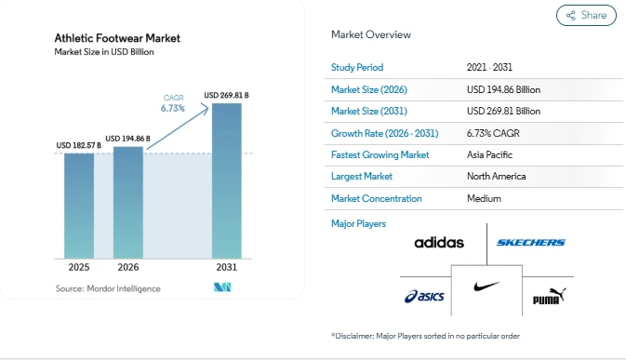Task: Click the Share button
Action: pos(586,15)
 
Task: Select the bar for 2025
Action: pos(79,206)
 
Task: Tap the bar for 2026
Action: pos(128,203)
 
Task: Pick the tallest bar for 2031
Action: pos(227,180)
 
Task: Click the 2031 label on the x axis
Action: pos(227,267)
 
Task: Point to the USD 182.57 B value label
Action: pos(79,145)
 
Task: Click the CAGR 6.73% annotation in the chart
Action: pos(173,103)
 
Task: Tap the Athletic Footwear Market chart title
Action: pos(117,38)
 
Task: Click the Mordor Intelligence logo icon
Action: pos(222,287)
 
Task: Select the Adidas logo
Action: pos(439,242)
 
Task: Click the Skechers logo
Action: pos(531,242)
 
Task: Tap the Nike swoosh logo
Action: pos(486,287)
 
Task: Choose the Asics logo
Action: pos(424,296)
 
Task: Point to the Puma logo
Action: pos(550,296)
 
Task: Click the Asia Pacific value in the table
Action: pos(489,154)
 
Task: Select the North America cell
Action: pos(497,177)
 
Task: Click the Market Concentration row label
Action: pos(376,198)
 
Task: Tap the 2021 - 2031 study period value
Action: pos(489,67)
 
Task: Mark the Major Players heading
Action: pos(358,223)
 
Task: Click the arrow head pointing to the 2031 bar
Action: pos(206,109)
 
